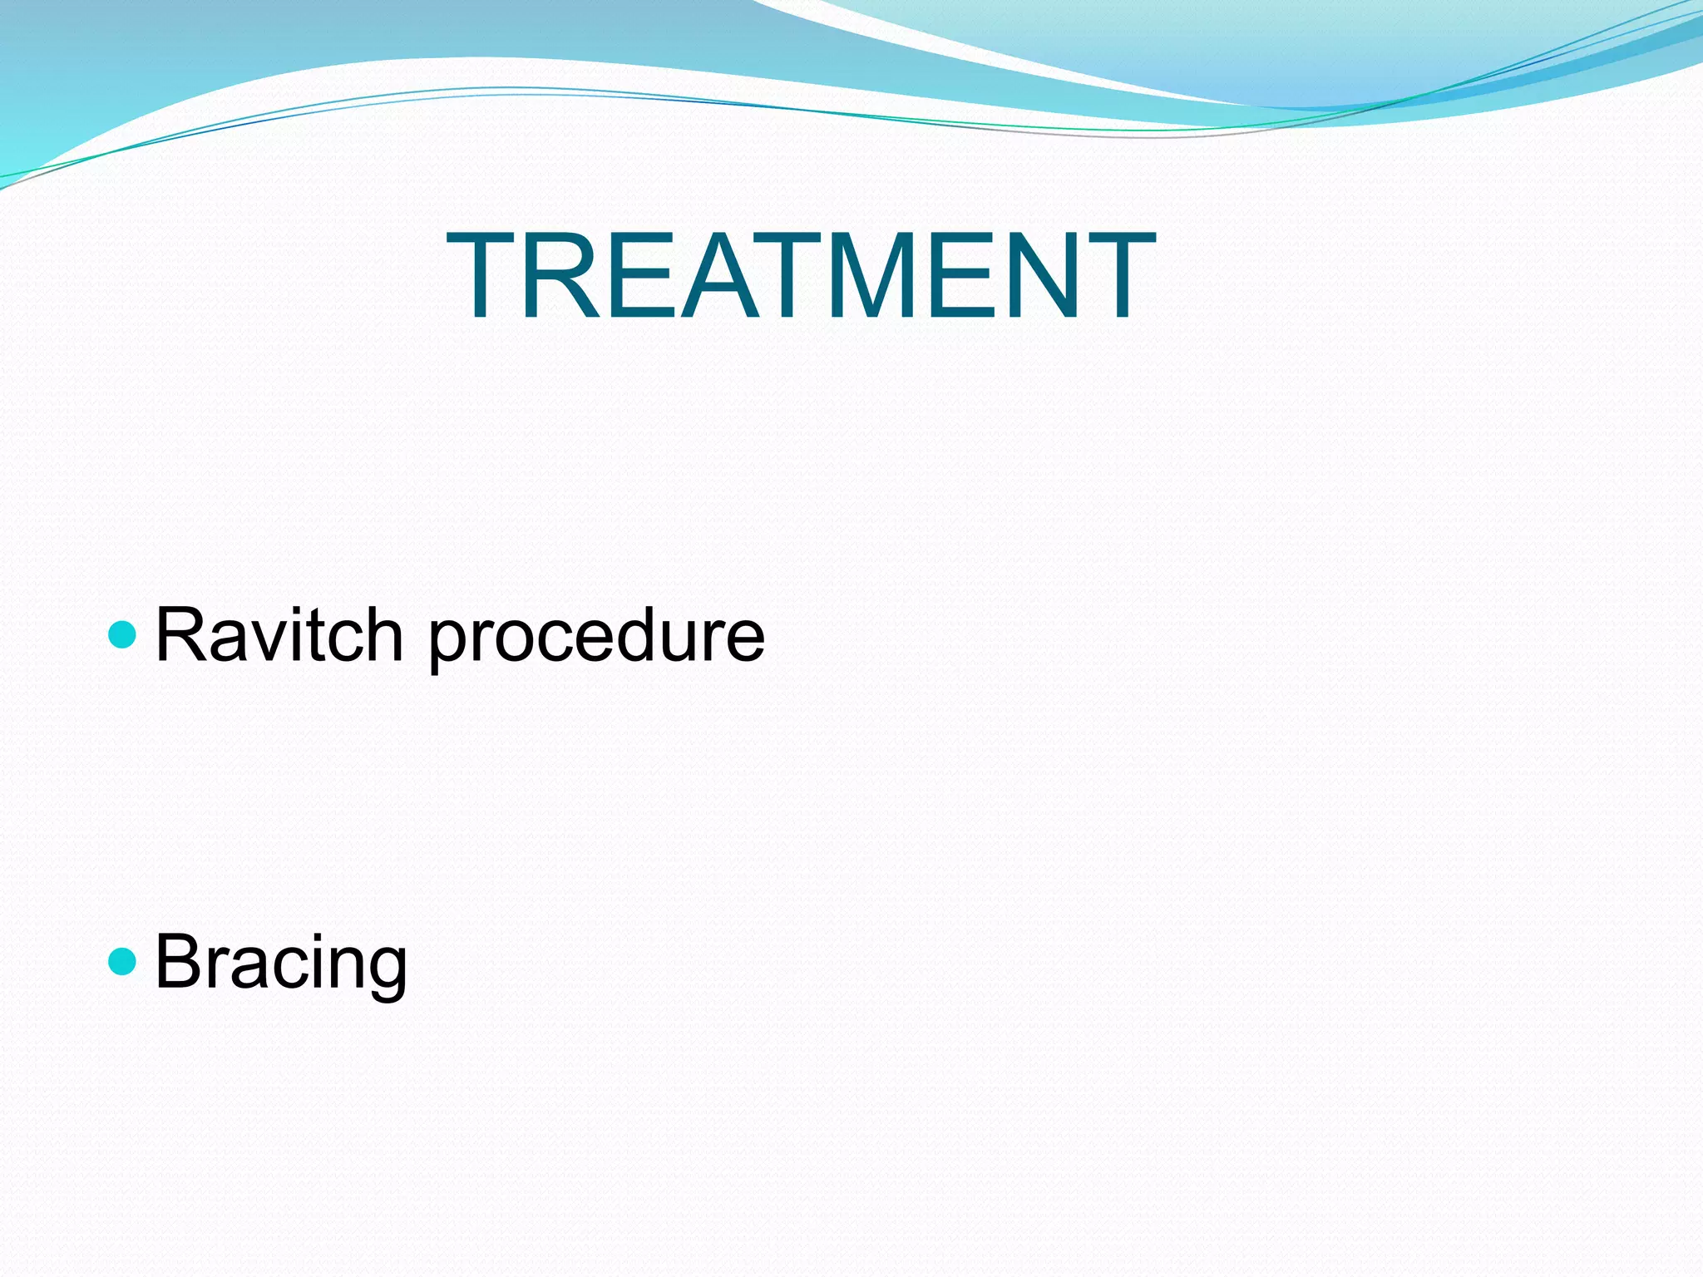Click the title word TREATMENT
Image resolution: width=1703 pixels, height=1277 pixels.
[x=801, y=275]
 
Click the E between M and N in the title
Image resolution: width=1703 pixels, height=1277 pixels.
[x=965, y=275]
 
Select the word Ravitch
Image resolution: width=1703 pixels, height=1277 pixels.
[x=279, y=636]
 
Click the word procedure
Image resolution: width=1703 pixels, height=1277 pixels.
[x=595, y=640]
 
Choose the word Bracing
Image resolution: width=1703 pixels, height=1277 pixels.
[x=281, y=964]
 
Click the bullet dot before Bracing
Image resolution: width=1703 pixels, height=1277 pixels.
[x=122, y=962]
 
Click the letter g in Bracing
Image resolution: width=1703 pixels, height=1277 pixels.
[x=386, y=973]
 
